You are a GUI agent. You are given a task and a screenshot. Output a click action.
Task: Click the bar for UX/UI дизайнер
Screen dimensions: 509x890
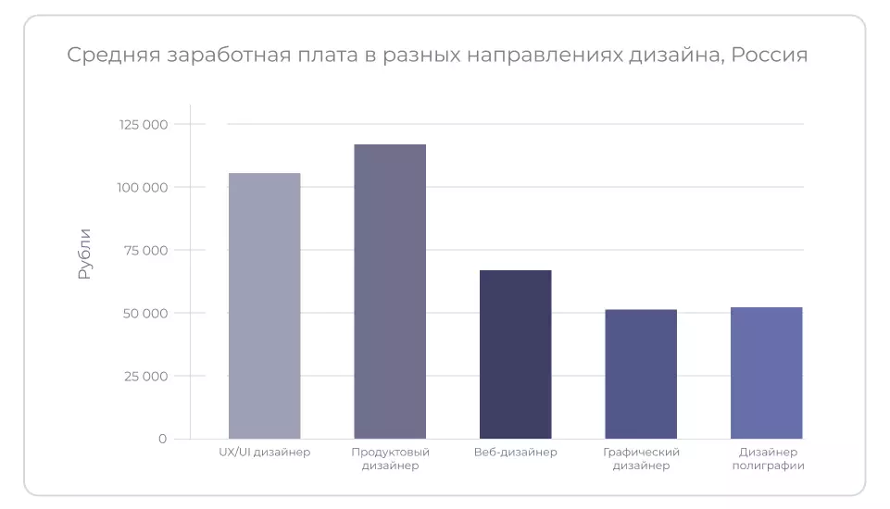[x=264, y=305]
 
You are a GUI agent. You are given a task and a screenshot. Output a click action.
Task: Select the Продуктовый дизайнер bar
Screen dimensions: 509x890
[x=390, y=292]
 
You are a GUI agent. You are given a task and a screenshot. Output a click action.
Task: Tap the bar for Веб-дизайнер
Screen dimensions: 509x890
[x=515, y=354]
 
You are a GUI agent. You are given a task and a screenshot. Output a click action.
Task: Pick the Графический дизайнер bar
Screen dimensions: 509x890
[x=641, y=374]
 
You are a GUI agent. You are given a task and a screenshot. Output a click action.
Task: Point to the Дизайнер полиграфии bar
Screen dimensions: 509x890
[x=766, y=373]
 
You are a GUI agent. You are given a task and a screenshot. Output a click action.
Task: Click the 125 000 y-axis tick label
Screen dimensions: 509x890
[x=143, y=124]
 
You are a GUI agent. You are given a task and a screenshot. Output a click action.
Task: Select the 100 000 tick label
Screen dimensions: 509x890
[x=143, y=187]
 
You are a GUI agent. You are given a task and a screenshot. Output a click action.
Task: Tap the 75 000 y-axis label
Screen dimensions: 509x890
[x=145, y=250]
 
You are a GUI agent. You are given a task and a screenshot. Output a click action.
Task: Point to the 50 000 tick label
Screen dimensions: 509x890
[x=145, y=313]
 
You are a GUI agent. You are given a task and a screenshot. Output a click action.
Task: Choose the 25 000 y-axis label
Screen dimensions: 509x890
[x=145, y=376]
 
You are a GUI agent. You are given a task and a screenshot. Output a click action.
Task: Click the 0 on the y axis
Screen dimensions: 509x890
[x=162, y=439]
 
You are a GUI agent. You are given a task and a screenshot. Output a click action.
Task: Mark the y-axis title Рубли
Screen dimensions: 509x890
[x=85, y=254]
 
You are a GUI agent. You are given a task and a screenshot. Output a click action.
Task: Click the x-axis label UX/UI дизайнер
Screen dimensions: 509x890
[x=264, y=453]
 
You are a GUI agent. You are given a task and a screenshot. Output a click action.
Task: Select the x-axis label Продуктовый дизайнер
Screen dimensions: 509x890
[x=390, y=459]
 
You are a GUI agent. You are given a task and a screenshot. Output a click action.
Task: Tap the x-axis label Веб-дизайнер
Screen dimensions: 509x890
[x=515, y=453]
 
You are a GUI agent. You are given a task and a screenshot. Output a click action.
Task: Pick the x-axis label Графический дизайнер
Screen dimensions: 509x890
[x=641, y=459]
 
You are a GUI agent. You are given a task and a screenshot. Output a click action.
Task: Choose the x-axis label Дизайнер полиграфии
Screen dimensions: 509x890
[x=767, y=459]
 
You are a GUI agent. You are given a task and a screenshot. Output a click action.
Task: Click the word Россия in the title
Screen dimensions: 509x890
[x=770, y=56]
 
